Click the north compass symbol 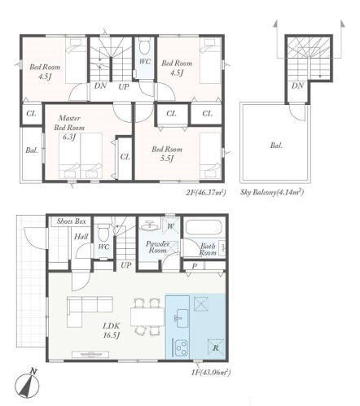point(27,382)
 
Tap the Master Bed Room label point(69,128)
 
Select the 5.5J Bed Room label point(167,154)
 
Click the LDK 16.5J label point(112,330)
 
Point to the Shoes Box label point(71,221)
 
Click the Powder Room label point(158,247)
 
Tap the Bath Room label point(208,250)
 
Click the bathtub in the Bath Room point(204,227)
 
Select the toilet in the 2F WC point(145,46)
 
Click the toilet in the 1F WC point(103,232)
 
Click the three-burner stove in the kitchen point(181,347)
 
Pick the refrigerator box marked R point(216,347)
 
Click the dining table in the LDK point(147,317)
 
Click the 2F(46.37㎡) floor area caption point(206,193)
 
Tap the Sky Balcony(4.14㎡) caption point(272,193)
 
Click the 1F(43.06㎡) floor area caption point(211,373)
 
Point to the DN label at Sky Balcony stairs point(297,86)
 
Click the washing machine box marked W point(170,225)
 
